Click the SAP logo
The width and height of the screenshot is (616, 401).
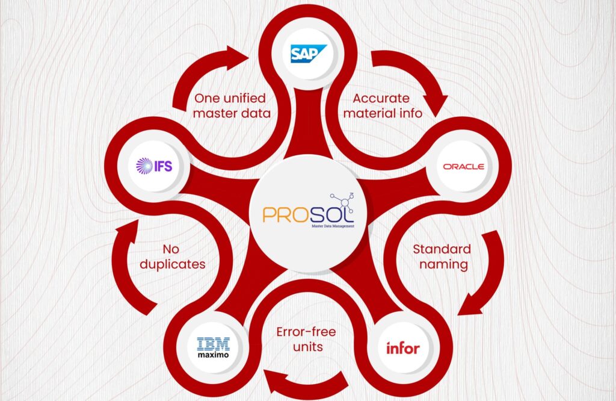tap(308, 54)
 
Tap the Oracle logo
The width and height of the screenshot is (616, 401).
tap(463, 166)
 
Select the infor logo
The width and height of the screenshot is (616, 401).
tap(402, 347)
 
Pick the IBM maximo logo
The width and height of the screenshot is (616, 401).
tap(213, 347)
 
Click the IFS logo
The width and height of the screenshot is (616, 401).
tap(154, 165)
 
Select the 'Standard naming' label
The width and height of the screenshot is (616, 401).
tap(441, 256)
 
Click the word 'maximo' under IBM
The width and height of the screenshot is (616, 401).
tap(213, 354)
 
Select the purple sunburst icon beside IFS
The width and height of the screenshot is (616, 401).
tap(144, 165)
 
